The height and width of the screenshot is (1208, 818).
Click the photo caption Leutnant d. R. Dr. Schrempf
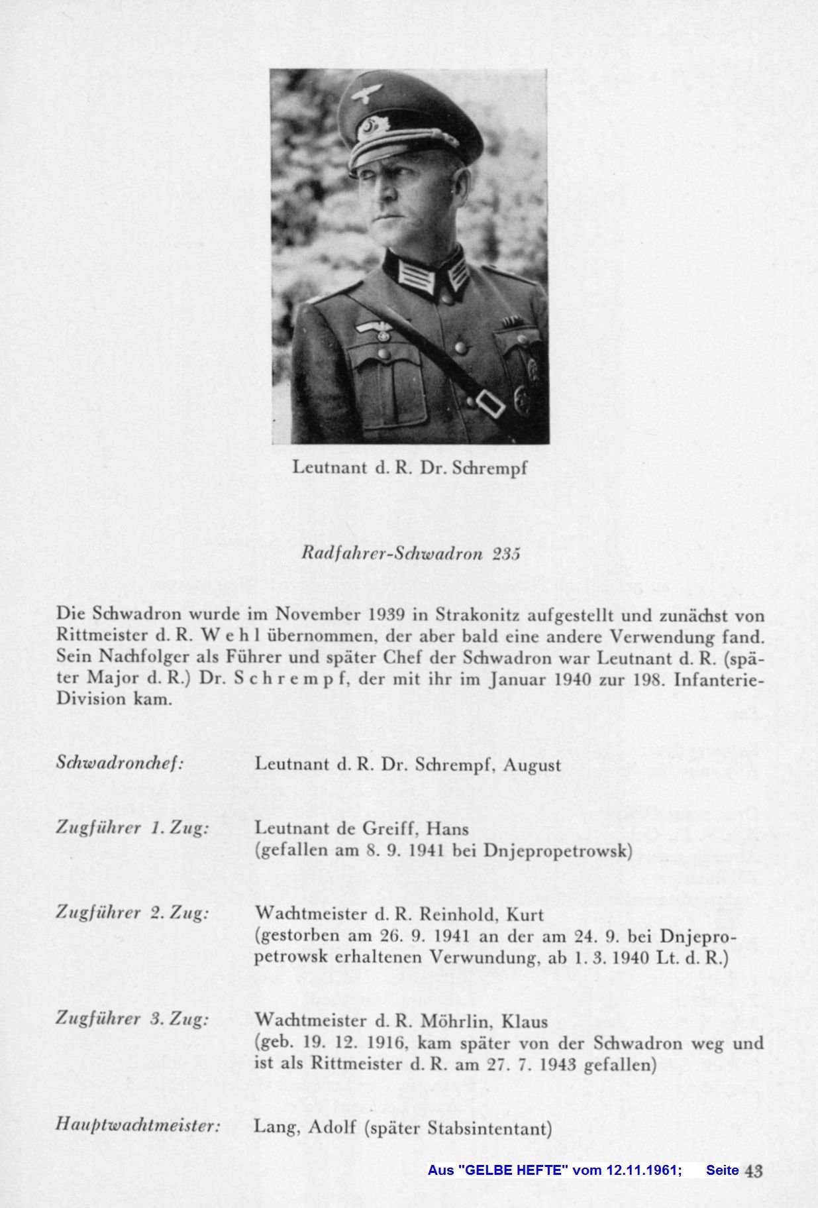(410, 468)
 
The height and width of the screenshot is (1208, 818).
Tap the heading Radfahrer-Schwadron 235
(410, 554)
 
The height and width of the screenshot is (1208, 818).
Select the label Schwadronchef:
(120, 763)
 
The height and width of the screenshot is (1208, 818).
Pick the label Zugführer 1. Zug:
(132, 828)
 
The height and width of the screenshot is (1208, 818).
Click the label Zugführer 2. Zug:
(132, 913)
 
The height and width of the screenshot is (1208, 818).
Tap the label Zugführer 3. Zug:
(132, 1019)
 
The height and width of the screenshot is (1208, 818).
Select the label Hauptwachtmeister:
(138, 1125)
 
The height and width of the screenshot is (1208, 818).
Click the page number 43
(754, 1170)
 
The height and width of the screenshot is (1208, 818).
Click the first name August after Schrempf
(532, 765)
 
